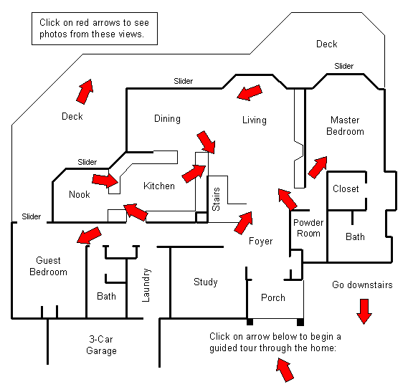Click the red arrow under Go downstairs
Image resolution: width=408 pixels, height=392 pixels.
[364, 311]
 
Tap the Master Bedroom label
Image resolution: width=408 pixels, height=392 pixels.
[345, 125]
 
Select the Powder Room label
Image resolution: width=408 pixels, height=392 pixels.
[308, 228]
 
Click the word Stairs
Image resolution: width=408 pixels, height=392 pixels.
[216, 199]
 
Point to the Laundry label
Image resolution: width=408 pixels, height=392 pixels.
[146, 285]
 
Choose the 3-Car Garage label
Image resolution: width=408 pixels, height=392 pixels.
[101, 345]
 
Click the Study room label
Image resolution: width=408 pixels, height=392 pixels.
[206, 282]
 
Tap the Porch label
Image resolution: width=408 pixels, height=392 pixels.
[273, 297]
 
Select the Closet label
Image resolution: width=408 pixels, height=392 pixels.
[346, 188]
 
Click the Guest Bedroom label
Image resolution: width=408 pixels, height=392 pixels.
[48, 266]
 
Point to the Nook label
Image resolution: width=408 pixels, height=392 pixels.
[80, 194]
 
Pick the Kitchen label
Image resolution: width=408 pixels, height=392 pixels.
[159, 186]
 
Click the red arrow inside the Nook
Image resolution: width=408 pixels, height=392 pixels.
[105, 181]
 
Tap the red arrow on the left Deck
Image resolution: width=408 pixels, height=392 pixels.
[85, 92]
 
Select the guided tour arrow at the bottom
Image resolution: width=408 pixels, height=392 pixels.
[285, 370]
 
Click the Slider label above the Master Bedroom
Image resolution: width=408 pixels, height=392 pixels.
[343, 66]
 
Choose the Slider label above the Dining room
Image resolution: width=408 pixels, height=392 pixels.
[183, 81]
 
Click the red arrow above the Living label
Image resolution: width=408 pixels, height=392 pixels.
[250, 92]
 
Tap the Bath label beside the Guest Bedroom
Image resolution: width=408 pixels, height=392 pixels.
[106, 296]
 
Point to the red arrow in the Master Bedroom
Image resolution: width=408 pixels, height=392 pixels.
[318, 167]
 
